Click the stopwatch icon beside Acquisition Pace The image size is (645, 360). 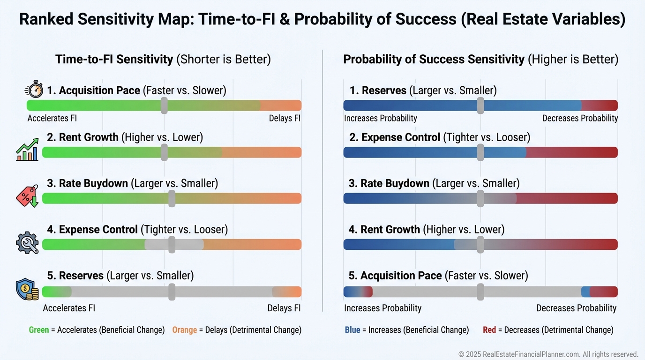34,90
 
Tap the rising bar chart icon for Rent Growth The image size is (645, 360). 27,150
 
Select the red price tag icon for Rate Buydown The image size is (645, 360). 27,195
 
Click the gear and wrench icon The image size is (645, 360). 27,242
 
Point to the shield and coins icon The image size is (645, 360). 27,289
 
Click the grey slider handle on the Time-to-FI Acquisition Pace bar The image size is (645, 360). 164,105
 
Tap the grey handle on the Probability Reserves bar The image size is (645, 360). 480,105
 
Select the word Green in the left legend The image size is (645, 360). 39,330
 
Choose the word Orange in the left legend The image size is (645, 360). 184,330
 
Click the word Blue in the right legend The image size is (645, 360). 352,330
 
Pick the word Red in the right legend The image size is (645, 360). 489,330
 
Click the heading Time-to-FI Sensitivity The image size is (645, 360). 114,60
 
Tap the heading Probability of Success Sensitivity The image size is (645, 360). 434,60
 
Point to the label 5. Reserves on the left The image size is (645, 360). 75,276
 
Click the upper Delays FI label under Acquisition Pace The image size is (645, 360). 285,119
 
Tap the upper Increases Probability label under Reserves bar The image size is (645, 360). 381,119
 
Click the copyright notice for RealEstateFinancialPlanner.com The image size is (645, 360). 548,354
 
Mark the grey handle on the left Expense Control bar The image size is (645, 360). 172,245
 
